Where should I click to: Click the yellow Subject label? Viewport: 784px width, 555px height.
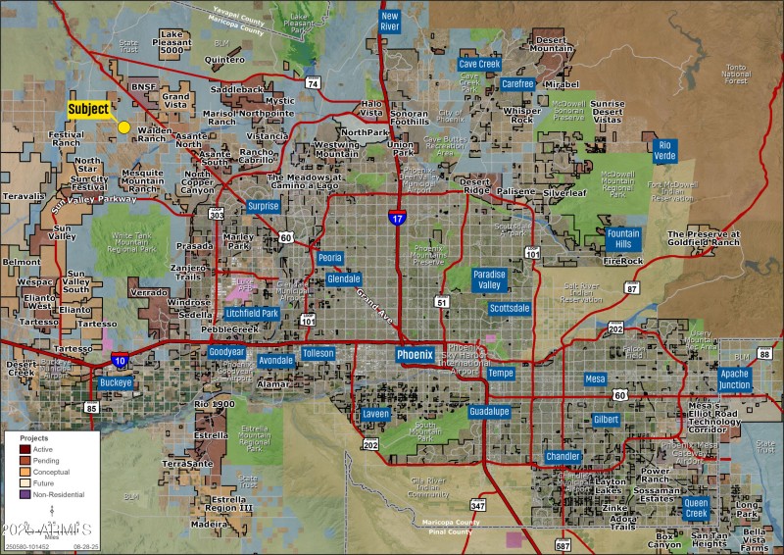pyautogui.click(x=88, y=109)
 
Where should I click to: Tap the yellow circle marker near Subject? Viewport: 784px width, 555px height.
pyautogui.click(x=123, y=126)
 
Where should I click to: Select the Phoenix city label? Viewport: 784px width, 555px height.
pyautogui.click(x=415, y=354)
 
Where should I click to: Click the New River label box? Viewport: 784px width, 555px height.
pyautogui.click(x=390, y=22)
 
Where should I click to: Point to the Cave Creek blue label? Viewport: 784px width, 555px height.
pyautogui.click(x=480, y=64)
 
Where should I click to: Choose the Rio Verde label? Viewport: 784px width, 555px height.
pyautogui.click(x=664, y=150)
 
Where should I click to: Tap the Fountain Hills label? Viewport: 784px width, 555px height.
pyautogui.click(x=623, y=239)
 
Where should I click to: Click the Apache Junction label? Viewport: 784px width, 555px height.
pyautogui.click(x=734, y=379)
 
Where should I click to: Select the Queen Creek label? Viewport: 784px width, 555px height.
pyautogui.click(x=696, y=507)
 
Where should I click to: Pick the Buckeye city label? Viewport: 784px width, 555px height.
pyautogui.click(x=117, y=381)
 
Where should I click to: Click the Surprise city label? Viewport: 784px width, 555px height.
pyautogui.click(x=263, y=206)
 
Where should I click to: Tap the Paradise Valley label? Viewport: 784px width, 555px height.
pyautogui.click(x=489, y=279)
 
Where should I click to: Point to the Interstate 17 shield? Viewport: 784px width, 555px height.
pyautogui.click(x=396, y=217)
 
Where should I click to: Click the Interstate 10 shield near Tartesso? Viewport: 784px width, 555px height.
pyautogui.click(x=119, y=360)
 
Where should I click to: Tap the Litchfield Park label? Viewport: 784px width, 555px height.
pyautogui.click(x=252, y=313)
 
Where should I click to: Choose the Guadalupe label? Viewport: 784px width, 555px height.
pyautogui.click(x=488, y=411)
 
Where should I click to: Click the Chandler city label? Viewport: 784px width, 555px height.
pyautogui.click(x=563, y=457)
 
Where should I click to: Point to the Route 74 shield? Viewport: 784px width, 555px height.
pyautogui.click(x=313, y=84)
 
